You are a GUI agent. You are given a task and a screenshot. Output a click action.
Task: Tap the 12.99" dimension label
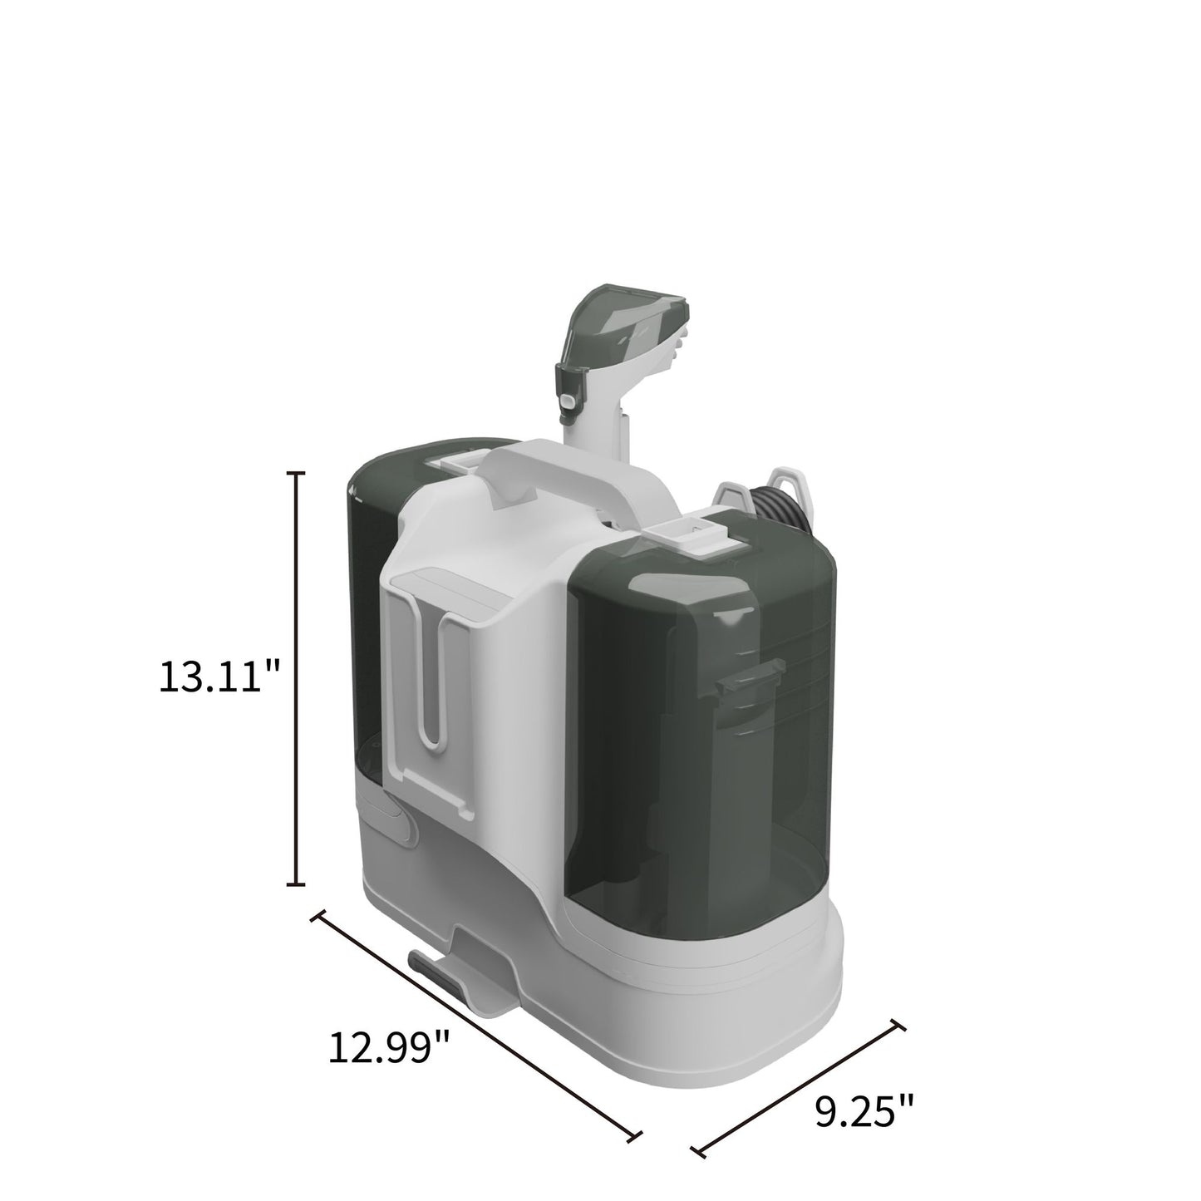pos(388,1048)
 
